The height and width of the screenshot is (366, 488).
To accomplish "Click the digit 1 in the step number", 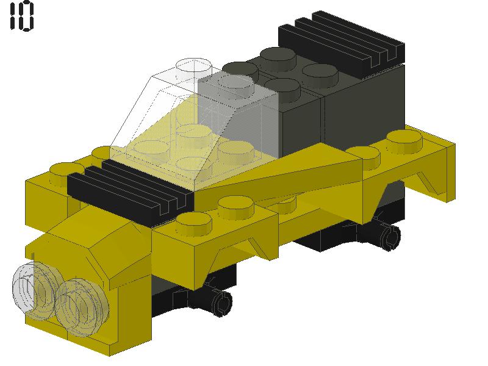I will (12, 16).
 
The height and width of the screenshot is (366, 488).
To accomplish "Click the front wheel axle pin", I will (220, 300).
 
